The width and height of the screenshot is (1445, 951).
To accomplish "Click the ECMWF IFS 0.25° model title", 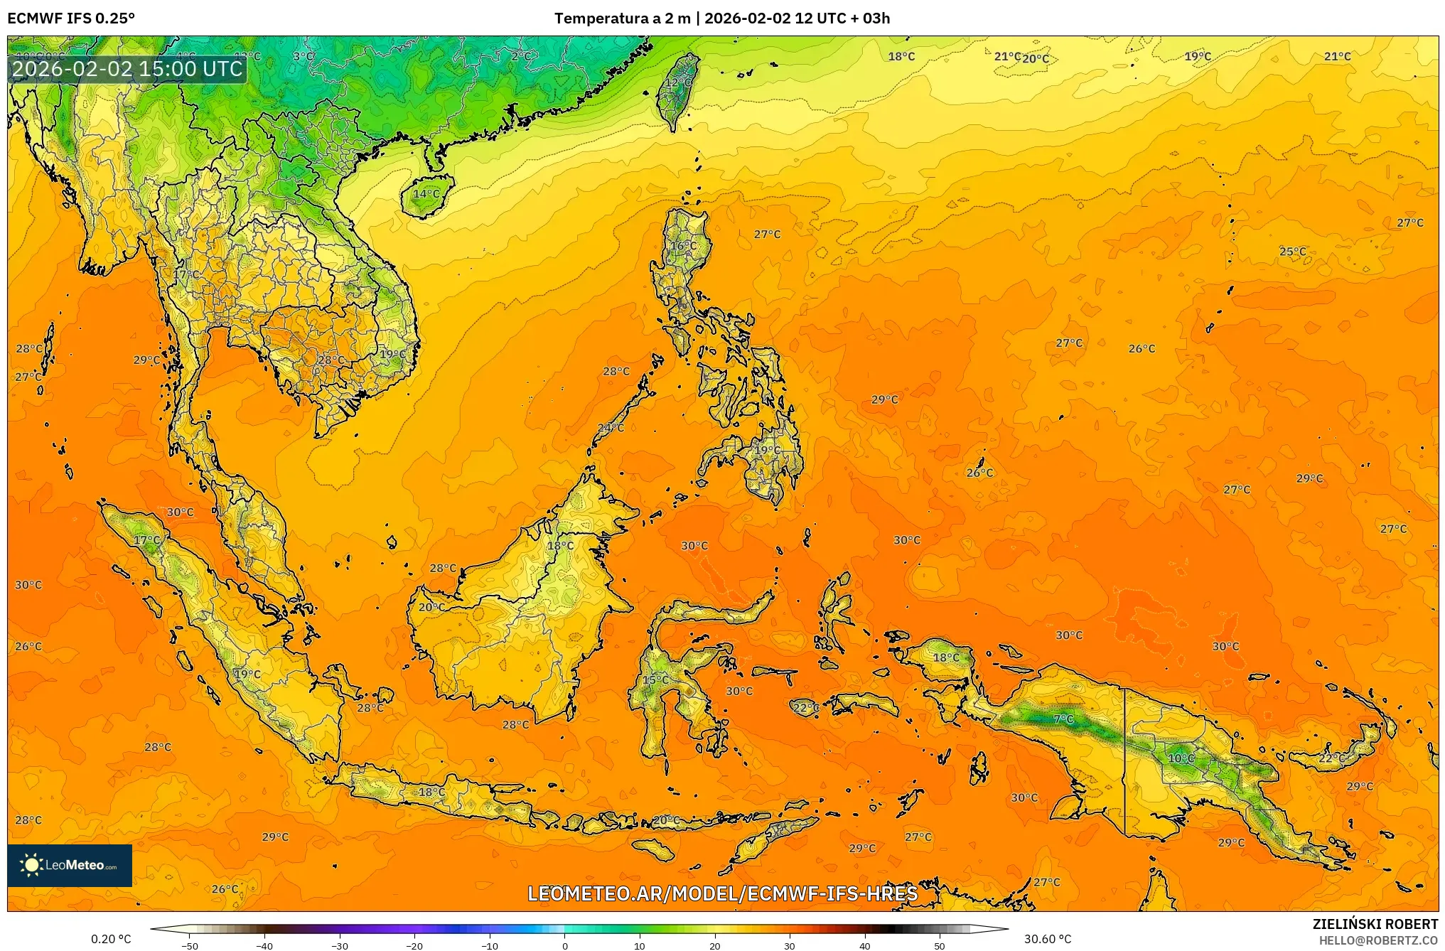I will point(71,18).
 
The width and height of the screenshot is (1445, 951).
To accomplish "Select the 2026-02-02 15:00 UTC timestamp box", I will point(127,69).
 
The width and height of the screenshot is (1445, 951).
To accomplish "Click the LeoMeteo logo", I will point(70,865).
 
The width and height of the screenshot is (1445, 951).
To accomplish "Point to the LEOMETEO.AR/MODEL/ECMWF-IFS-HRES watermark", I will point(722,893).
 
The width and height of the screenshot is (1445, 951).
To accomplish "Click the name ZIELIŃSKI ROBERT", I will point(1375,924).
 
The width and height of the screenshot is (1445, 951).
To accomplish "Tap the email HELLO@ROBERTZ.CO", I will point(1378,940).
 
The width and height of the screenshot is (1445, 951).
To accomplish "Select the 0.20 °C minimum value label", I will point(111,939).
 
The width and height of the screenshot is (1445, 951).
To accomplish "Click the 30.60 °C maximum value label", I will point(1047,939).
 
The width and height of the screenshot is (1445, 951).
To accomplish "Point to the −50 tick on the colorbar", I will point(189,945).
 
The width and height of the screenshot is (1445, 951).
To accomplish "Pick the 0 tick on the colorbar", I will point(565,945).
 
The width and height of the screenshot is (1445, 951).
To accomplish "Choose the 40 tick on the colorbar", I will point(865,945).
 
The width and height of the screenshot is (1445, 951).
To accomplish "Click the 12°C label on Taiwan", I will point(677,82).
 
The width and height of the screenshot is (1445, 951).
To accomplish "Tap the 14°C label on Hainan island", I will point(426,193).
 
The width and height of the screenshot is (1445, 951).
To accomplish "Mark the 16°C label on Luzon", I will point(684,246).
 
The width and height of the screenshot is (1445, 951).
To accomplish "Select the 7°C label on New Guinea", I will point(1063,719).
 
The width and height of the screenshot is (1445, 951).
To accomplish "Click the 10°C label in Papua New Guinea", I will point(1181,758).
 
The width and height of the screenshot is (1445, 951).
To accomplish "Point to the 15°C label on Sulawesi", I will point(655,680).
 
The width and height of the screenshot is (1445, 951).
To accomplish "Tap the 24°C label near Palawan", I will point(611,428).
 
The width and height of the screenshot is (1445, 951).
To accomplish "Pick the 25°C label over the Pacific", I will point(1292,252).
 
